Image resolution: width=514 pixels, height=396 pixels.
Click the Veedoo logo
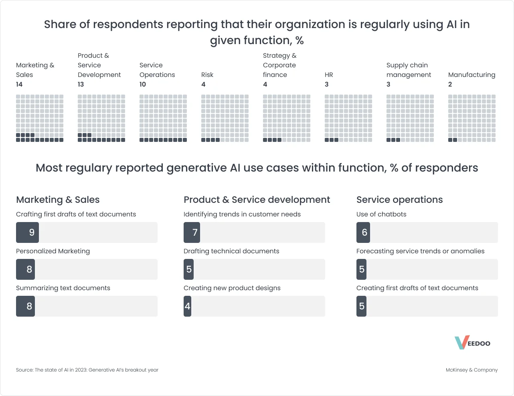coord(472,343)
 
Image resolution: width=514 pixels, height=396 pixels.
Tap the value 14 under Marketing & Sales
coord(19,84)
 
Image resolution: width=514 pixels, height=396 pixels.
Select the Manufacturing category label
coord(472,75)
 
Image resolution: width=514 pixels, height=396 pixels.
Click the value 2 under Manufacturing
coord(450,84)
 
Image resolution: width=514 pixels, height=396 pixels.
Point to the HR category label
coord(329,75)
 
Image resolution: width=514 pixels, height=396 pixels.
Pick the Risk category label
coord(207,75)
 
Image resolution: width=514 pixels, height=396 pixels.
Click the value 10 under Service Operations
coord(143,84)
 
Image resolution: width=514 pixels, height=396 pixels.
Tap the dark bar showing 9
coord(27,232)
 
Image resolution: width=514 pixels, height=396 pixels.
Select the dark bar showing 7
coord(192,232)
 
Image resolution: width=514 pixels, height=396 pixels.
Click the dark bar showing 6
coord(363,232)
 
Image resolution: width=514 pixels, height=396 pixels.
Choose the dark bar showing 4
coord(187,306)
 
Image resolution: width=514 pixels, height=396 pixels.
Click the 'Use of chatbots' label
coord(381,214)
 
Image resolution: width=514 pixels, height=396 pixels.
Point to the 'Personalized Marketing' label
coord(53,251)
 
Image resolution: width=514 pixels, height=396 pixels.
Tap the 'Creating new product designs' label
coord(232,288)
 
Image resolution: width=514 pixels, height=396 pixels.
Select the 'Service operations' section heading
coord(399,200)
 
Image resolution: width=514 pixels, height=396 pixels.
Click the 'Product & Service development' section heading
coord(257,200)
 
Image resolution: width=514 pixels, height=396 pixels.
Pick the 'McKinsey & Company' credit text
coord(472,370)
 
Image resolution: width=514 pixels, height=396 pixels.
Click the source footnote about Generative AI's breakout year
coord(87,370)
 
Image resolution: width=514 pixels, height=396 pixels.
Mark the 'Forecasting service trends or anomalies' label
coord(420,251)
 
